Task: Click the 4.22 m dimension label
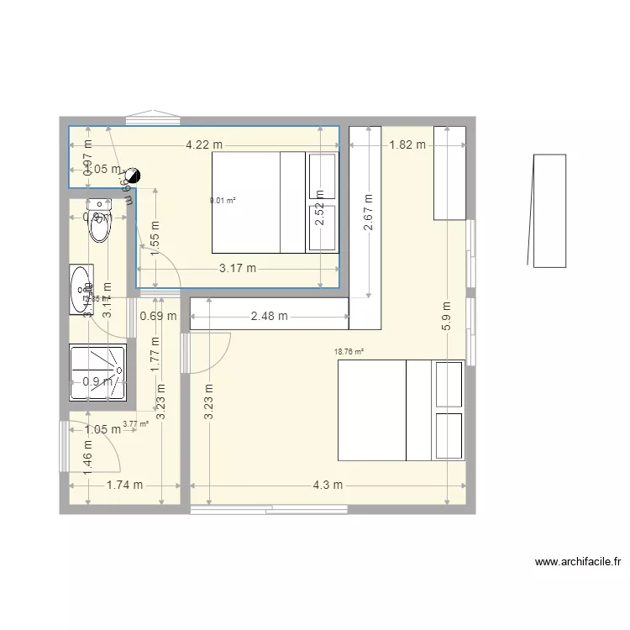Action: coord(205,144)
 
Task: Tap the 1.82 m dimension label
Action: coord(407,144)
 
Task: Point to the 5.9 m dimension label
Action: coord(447,318)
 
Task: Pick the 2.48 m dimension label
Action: coord(269,317)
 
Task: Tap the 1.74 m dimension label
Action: coord(124,485)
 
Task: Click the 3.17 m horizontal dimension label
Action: coord(238,269)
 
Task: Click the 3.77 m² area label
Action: coord(135,424)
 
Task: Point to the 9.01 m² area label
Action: coord(223,201)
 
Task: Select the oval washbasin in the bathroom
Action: coord(81,290)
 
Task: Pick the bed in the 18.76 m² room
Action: coord(401,410)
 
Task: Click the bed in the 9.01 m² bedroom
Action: coord(258,202)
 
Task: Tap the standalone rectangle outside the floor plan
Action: coord(549,211)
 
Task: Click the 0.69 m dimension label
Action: coord(158,317)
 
